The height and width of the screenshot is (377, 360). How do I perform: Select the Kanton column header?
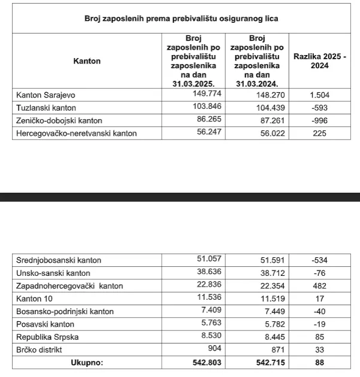pos(87,60)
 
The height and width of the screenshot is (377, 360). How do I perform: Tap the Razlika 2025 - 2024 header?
pos(320,60)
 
